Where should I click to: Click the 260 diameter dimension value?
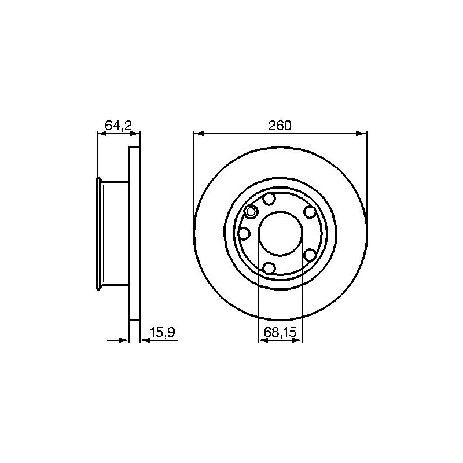[x=280, y=126]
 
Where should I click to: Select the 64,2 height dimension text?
[x=118, y=126]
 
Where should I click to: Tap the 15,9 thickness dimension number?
[x=162, y=332]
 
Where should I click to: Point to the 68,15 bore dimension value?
[x=280, y=332]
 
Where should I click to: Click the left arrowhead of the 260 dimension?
[x=199, y=134]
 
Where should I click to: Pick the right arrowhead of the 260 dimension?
[x=361, y=134]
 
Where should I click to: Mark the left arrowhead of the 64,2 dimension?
[x=102, y=134]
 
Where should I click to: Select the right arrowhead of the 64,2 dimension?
[x=135, y=134]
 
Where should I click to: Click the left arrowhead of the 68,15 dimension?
[x=263, y=340]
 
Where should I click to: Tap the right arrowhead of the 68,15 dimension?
[x=297, y=340]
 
